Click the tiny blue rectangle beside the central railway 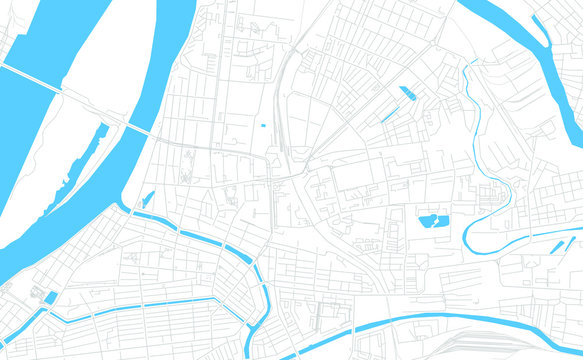click(263, 126)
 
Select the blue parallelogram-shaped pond click(407, 94)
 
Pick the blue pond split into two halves click(433, 219)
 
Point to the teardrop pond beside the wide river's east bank click(149, 197)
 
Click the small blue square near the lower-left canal click(51, 297)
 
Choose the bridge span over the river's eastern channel click(139, 131)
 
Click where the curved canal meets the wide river click(133, 209)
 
